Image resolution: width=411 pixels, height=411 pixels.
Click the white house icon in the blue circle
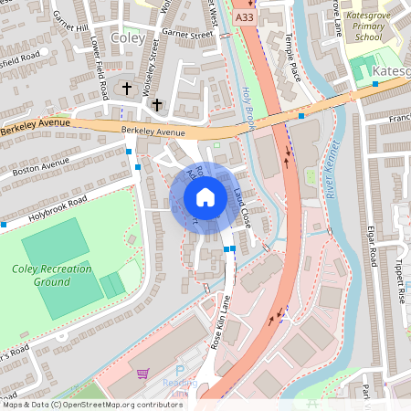pyautogui.click(x=205, y=196)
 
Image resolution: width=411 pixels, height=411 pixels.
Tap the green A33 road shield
pyautogui.click(x=243, y=16)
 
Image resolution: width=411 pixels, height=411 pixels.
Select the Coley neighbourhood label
pyautogui.click(x=127, y=39)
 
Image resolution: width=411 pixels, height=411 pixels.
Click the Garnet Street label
pyautogui.click(x=186, y=35)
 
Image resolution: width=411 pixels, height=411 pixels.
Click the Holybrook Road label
pyautogui.click(x=57, y=206)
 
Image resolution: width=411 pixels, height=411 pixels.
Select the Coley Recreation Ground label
pyautogui.click(x=52, y=275)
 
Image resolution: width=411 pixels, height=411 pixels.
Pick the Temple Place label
pyautogui.click(x=294, y=56)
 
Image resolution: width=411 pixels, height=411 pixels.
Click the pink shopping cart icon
pyautogui.click(x=142, y=374)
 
